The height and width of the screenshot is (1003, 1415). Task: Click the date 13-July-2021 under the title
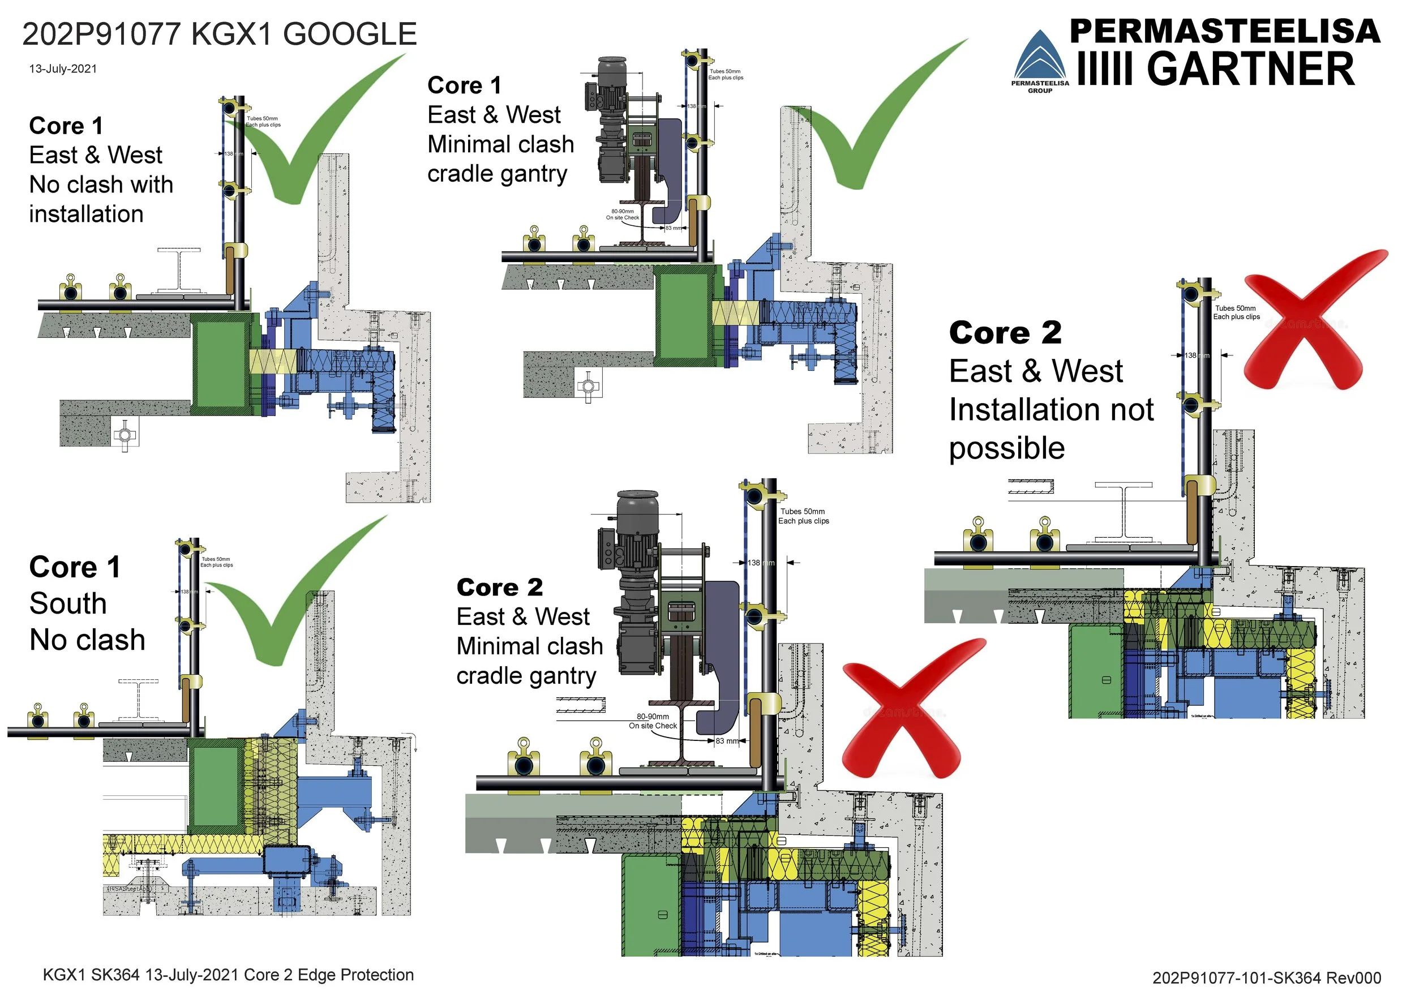pos(63,68)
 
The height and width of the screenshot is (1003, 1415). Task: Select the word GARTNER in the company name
pos(1250,68)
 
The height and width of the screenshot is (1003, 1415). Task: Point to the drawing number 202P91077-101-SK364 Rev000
pos(1266,978)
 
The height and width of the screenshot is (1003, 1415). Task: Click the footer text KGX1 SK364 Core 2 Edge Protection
pos(228,975)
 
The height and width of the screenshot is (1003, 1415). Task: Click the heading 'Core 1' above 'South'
pos(75,567)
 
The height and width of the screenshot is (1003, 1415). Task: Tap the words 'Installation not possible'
pos(1050,428)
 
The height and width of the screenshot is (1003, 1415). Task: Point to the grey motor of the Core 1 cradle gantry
pos(608,87)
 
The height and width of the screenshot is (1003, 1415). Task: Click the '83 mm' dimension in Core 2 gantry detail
pos(727,740)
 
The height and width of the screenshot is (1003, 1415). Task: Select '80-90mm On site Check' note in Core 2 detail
pos(653,721)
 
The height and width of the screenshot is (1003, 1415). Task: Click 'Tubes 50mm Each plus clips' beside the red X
pos(1236,312)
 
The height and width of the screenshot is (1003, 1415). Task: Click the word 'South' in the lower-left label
pos(68,603)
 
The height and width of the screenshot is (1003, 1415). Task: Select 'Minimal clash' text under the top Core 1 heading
pos(500,144)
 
